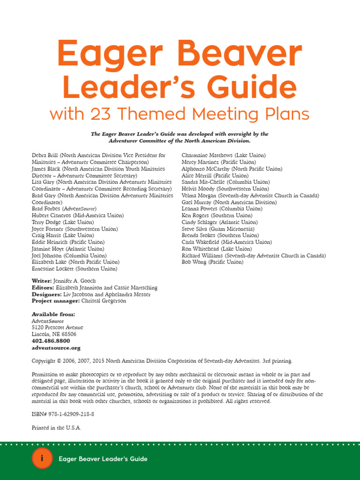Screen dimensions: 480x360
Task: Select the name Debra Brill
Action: pyautogui.click(x=45, y=155)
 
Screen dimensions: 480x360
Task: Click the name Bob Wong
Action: pyautogui.click(x=194, y=262)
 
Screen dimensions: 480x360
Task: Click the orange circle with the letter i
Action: pyautogui.click(x=42, y=459)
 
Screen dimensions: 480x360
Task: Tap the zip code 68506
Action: pyautogui.click(x=68, y=334)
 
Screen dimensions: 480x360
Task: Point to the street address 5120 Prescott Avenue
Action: pyautogui.click(x=57, y=328)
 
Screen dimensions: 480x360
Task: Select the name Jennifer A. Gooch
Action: pyautogui.click(x=78, y=281)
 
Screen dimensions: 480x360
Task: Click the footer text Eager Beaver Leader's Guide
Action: pyautogui.click(x=103, y=459)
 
